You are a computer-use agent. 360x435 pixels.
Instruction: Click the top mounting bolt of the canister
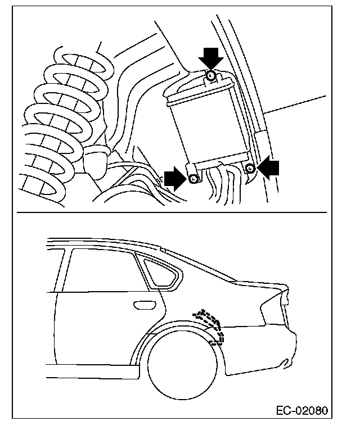pyautogui.click(x=211, y=75)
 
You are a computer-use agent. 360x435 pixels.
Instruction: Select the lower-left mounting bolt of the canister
pyautogui.click(x=193, y=179)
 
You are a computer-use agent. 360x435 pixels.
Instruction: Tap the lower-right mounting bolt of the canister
pyautogui.click(x=251, y=167)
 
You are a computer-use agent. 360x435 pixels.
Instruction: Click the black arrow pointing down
pyautogui.click(x=211, y=56)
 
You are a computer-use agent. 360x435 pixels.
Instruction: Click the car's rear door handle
pyautogui.click(x=143, y=305)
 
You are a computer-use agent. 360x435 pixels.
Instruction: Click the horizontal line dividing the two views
pyautogui.click(x=169, y=213)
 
